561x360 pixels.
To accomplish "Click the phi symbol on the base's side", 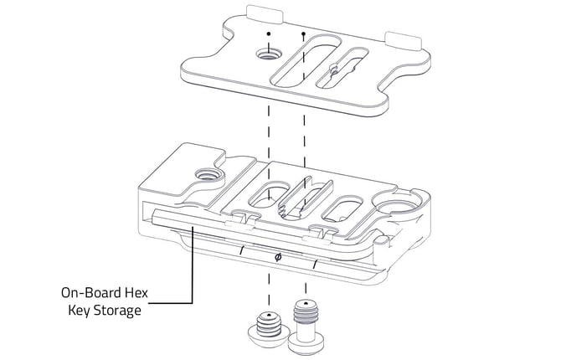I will pos(278,258).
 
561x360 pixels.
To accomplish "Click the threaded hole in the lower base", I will pos(203,176).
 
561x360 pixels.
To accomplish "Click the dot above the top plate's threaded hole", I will pos(268,34).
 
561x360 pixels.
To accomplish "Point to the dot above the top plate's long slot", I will pos(302,35).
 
